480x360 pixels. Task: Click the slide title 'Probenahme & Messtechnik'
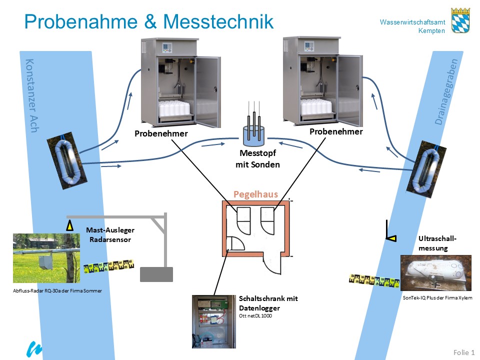(149, 22)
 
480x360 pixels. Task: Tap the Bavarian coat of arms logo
(460, 20)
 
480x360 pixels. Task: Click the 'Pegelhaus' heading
(255, 194)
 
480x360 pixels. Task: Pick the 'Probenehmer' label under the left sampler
(161, 133)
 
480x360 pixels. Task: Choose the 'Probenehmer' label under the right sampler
(336, 131)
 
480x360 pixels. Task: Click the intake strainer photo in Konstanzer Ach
(65, 160)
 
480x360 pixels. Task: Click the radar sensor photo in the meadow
(46, 257)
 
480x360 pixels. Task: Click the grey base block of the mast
(156, 274)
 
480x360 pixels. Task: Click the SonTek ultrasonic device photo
(435, 273)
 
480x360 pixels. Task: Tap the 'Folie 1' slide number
(463, 352)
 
